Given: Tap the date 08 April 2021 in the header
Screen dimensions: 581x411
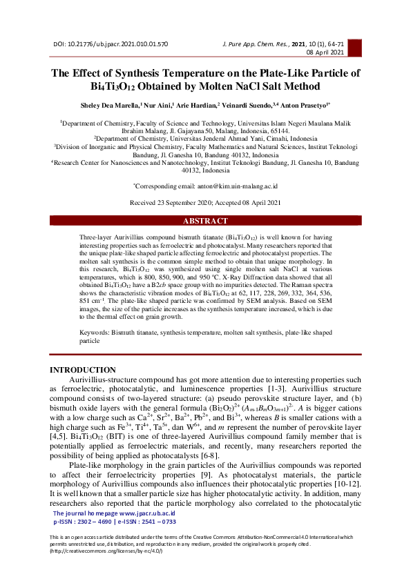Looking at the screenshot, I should click(x=325, y=52).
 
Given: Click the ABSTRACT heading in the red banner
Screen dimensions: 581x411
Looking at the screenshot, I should click(x=204, y=221).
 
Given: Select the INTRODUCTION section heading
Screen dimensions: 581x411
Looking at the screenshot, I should click(x=83, y=371).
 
